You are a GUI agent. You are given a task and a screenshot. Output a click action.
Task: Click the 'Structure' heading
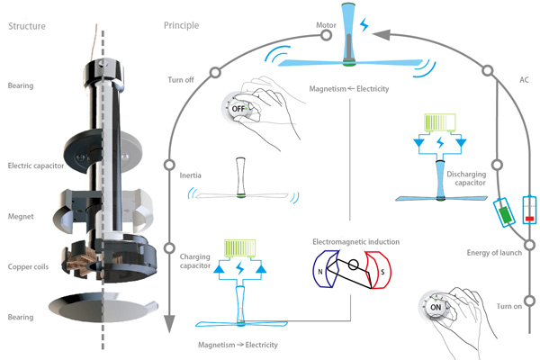pos(28,25)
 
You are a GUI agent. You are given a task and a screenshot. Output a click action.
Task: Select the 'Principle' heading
pos(182,25)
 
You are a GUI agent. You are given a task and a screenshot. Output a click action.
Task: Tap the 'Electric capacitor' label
pos(37,166)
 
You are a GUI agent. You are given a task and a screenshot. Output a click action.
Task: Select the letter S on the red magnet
pos(382,273)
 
